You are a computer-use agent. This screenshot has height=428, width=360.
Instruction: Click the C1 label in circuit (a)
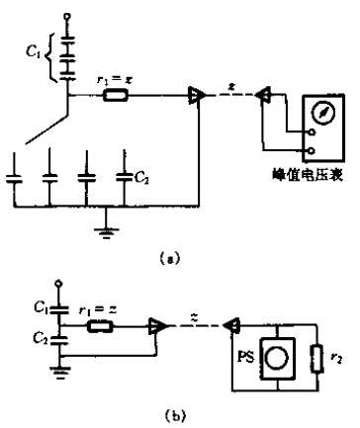click(x=34, y=52)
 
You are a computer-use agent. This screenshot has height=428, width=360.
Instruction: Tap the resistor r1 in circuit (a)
click(x=116, y=96)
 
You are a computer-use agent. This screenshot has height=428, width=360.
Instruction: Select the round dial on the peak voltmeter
click(x=323, y=112)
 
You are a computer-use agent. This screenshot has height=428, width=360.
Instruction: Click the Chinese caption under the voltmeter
click(x=309, y=175)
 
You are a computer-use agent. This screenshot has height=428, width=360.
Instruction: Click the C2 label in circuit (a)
click(x=142, y=178)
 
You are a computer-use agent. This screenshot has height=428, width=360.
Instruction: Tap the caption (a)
click(x=170, y=257)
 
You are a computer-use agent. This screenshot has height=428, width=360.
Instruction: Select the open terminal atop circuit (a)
click(x=68, y=16)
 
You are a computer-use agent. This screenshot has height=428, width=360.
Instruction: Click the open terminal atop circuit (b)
click(x=59, y=284)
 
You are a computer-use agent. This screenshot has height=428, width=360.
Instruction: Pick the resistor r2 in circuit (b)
click(x=317, y=359)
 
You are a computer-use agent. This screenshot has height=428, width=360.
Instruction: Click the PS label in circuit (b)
click(x=246, y=358)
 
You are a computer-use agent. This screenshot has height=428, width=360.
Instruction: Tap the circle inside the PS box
click(x=277, y=358)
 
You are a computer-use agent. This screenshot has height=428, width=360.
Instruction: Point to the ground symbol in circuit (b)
click(x=60, y=372)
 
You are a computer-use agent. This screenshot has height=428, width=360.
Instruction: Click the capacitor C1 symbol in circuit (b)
click(x=59, y=309)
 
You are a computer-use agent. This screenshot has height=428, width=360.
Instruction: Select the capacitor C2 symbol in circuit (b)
click(x=59, y=340)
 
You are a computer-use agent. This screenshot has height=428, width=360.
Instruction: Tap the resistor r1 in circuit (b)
click(x=100, y=326)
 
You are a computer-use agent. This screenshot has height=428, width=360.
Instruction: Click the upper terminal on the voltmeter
click(x=312, y=132)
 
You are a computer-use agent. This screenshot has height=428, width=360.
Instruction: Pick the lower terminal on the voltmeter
click(x=312, y=151)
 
